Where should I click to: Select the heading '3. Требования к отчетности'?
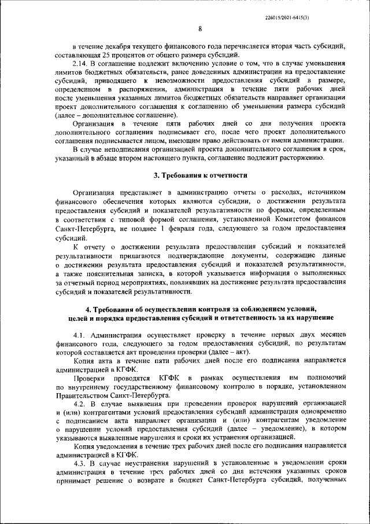tap(200, 175)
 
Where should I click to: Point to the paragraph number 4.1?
tap(81, 335)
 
